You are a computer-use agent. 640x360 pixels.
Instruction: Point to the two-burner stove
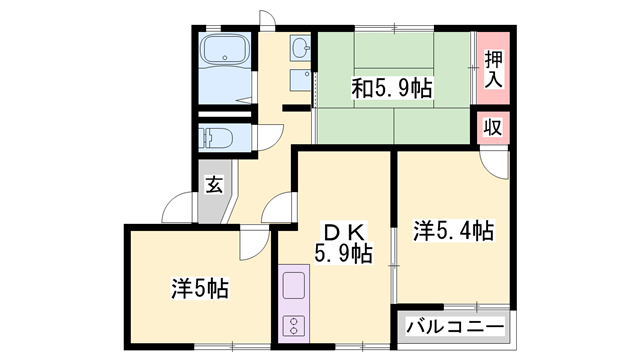coord(295,325)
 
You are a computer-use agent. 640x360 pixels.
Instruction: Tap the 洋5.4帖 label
coord(453,232)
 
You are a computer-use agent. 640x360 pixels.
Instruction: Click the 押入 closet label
coord(494,68)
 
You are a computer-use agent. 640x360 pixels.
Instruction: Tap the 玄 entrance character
coord(214,184)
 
